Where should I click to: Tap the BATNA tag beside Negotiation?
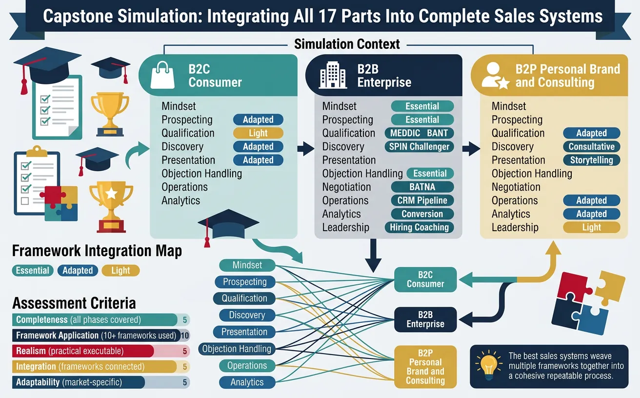[x=422, y=187]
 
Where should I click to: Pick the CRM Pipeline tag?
[x=422, y=200]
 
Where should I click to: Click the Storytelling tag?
[x=591, y=160]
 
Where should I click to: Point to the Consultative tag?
[x=591, y=147]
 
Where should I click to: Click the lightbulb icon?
[x=489, y=365]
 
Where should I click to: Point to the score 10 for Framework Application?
[x=184, y=336]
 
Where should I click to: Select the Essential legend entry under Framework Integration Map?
[x=33, y=271]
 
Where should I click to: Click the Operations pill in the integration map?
[x=247, y=366]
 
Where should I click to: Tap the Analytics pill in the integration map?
[x=247, y=382]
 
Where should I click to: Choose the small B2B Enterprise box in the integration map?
[x=425, y=319]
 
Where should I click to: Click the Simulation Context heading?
[x=347, y=44]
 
